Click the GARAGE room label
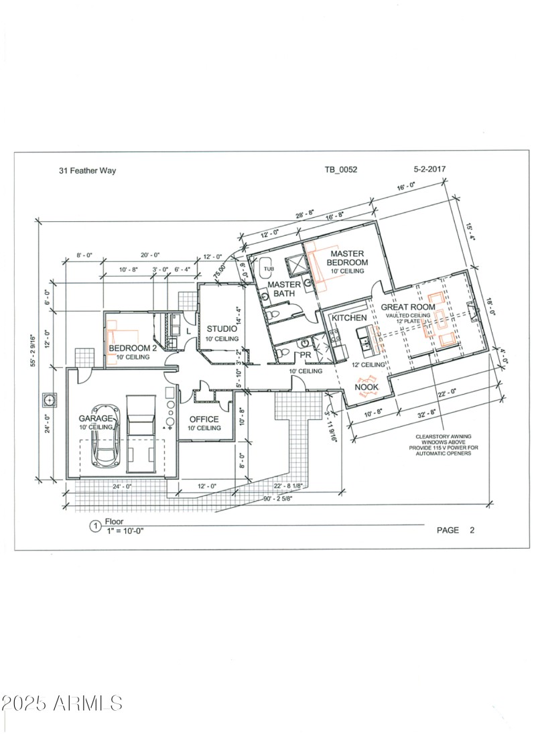(x=96, y=418)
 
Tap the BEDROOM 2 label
(x=133, y=348)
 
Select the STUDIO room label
(x=222, y=329)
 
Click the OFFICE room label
(x=204, y=419)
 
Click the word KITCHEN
(x=349, y=318)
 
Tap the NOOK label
(x=366, y=387)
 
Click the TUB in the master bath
(x=268, y=269)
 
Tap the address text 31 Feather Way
(x=87, y=171)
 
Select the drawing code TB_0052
(x=340, y=170)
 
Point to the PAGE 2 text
(x=455, y=530)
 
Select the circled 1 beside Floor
(x=94, y=526)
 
